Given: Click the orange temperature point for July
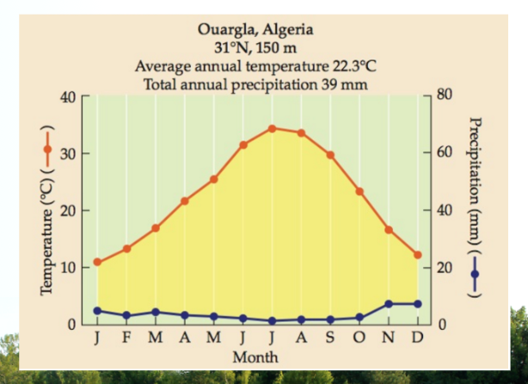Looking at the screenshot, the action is click(x=272, y=128).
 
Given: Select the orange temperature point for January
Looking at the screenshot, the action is click(x=97, y=262).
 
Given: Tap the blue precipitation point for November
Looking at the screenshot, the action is click(x=389, y=304).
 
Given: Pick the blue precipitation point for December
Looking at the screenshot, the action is click(x=418, y=304).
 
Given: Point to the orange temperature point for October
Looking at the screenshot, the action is click(x=359, y=191).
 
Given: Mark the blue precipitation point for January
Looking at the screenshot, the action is click(x=97, y=311).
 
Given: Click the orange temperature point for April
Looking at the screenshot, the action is click(x=185, y=201).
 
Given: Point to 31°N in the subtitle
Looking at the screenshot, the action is click(x=232, y=48).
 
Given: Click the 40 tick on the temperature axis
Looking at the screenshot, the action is click(x=68, y=97).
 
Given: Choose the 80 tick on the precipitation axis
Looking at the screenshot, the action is click(x=445, y=95).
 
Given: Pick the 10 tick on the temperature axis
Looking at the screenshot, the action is click(x=68, y=268).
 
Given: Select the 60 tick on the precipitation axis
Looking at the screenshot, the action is click(x=445, y=152).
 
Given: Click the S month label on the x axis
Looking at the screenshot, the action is click(x=330, y=338).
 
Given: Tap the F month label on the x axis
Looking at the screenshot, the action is click(x=126, y=338).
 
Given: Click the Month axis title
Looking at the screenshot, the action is click(x=255, y=357).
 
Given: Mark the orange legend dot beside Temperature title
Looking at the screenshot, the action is click(x=47, y=149).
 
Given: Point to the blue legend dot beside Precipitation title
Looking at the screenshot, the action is click(x=475, y=274).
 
